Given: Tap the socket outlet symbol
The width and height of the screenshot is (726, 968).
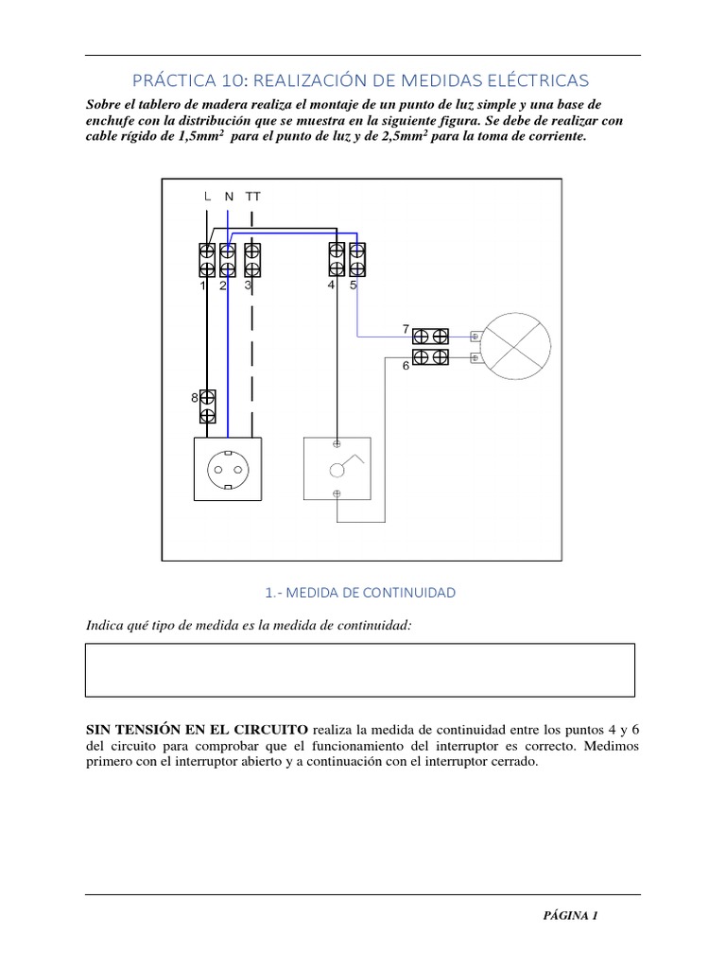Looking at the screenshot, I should pos(228,468).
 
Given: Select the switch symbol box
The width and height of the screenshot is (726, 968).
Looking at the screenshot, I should pos(337,468).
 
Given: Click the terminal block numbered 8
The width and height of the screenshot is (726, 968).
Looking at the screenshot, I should pos(208,406).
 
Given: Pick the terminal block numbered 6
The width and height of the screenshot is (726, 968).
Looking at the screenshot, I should pos(431,356).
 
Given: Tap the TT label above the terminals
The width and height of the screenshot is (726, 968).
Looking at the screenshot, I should pos(252,197).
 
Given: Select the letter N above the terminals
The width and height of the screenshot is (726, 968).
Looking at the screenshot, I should pos(229,197).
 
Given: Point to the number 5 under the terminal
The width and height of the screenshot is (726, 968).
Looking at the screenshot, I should pos(353,285).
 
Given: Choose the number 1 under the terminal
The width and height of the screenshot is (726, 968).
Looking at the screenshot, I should pos(203,285).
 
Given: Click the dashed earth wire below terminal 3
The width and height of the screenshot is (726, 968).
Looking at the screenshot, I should pos(251,359).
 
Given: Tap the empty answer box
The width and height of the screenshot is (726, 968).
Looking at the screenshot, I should pos(360,669).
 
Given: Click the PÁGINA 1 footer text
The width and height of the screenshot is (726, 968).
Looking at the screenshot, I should pos(570,915).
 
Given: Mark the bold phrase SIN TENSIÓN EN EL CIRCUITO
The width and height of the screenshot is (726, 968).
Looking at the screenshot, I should pos(196,730).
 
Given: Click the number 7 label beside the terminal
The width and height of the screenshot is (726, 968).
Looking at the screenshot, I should pos(406,329).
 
